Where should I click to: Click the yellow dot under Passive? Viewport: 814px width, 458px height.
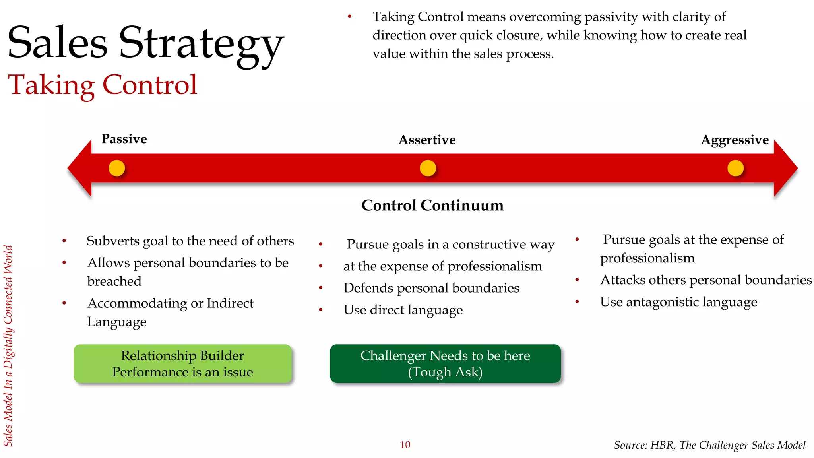click(117, 168)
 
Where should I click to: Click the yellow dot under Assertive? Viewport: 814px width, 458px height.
click(428, 168)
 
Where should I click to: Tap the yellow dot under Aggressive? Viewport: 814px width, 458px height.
click(735, 168)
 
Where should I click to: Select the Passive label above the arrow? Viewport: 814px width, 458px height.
click(124, 139)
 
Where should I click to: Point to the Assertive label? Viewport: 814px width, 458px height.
click(427, 140)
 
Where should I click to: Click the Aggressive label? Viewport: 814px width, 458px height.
click(735, 140)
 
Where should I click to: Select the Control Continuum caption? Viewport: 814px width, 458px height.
click(432, 206)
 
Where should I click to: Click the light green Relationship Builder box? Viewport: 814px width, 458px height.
click(182, 364)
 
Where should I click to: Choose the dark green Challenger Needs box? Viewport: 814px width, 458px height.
click(445, 364)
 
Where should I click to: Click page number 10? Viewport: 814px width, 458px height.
click(405, 445)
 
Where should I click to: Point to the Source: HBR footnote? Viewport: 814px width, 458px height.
click(709, 445)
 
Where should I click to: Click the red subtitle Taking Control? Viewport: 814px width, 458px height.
click(103, 85)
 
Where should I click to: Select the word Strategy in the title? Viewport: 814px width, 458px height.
click(201, 44)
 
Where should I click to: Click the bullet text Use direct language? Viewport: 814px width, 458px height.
click(403, 310)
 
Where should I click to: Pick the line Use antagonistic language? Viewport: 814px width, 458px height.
click(678, 302)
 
